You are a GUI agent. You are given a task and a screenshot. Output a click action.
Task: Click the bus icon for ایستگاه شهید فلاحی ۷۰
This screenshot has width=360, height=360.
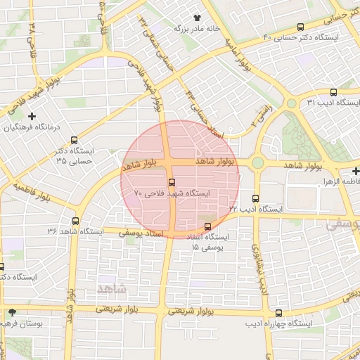tap(172, 183)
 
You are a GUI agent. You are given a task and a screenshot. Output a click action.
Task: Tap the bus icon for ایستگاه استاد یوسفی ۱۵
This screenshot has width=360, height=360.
tap(207, 226)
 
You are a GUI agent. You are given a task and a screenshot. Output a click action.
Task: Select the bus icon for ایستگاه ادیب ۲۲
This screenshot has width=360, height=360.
tap(255, 198)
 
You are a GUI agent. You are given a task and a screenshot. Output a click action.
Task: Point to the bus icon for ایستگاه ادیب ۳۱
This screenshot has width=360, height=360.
tap(333, 92)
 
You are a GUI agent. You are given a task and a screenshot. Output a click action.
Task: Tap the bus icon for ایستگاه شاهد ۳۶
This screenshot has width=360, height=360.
tap(75, 221)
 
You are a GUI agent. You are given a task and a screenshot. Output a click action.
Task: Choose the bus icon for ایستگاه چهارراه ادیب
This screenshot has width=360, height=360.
tap(279, 313)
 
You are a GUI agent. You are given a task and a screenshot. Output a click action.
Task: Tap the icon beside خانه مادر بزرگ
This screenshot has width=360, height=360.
tap(198, 18)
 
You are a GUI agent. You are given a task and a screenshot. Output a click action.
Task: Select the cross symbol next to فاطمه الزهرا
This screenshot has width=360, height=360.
tap(355, 171)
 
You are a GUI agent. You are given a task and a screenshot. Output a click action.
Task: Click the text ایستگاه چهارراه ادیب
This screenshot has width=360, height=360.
tap(279, 324)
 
